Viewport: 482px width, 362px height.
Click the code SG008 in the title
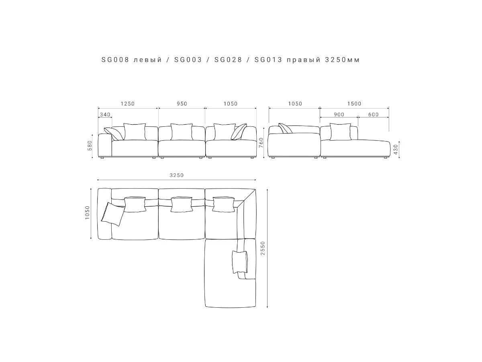pos(115,60)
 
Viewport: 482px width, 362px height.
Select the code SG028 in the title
pos(228,60)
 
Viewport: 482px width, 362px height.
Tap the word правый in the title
pos(304,60)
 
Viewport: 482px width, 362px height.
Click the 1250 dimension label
pos(128,103)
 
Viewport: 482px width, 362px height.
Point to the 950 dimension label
pos(182,103)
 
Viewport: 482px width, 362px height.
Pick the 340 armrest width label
pos(105,115)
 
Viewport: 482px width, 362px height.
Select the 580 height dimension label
pos(90,146)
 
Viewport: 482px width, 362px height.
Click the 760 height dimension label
pos(261,143)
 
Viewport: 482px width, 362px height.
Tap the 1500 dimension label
pos(354,103)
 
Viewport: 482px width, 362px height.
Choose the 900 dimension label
pos(339,115)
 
